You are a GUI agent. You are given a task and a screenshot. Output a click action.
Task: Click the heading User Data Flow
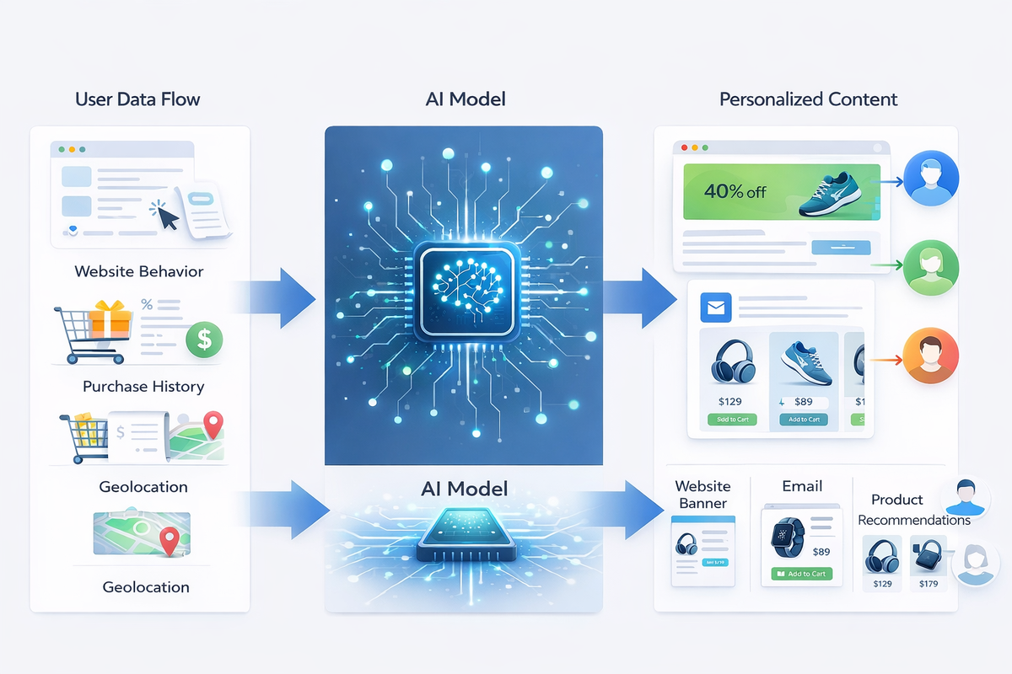138,99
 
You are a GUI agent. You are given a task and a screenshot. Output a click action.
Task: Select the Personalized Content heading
808,99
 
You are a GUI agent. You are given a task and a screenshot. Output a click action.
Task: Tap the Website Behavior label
139,271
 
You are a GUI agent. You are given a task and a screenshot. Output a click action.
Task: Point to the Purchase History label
143,387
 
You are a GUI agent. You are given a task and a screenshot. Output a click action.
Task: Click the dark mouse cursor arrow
168,217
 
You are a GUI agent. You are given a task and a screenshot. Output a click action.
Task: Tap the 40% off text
736,191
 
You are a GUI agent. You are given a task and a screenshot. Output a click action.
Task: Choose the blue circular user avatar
930,179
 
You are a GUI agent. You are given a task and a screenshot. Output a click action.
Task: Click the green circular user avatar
930,267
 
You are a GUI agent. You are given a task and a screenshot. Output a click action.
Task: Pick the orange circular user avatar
930,356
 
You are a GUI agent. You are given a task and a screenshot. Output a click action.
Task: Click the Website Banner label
702,495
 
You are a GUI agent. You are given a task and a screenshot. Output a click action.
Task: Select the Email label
802,486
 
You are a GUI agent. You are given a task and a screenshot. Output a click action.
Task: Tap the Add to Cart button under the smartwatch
801,574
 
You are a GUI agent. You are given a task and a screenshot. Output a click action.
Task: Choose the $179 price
929,583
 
